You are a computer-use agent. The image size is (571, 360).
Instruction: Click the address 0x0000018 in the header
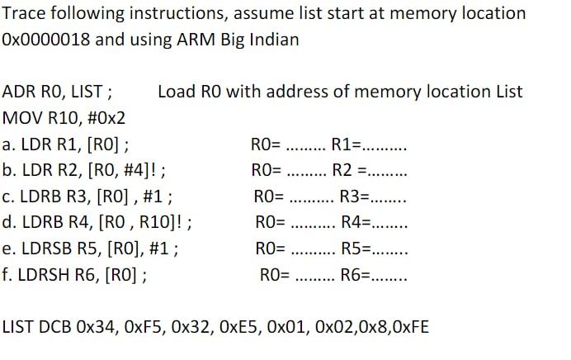tap(45, 39)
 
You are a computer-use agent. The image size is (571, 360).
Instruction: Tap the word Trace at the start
tap(25, 13)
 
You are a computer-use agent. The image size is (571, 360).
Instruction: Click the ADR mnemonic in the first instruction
tap(20, 91)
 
